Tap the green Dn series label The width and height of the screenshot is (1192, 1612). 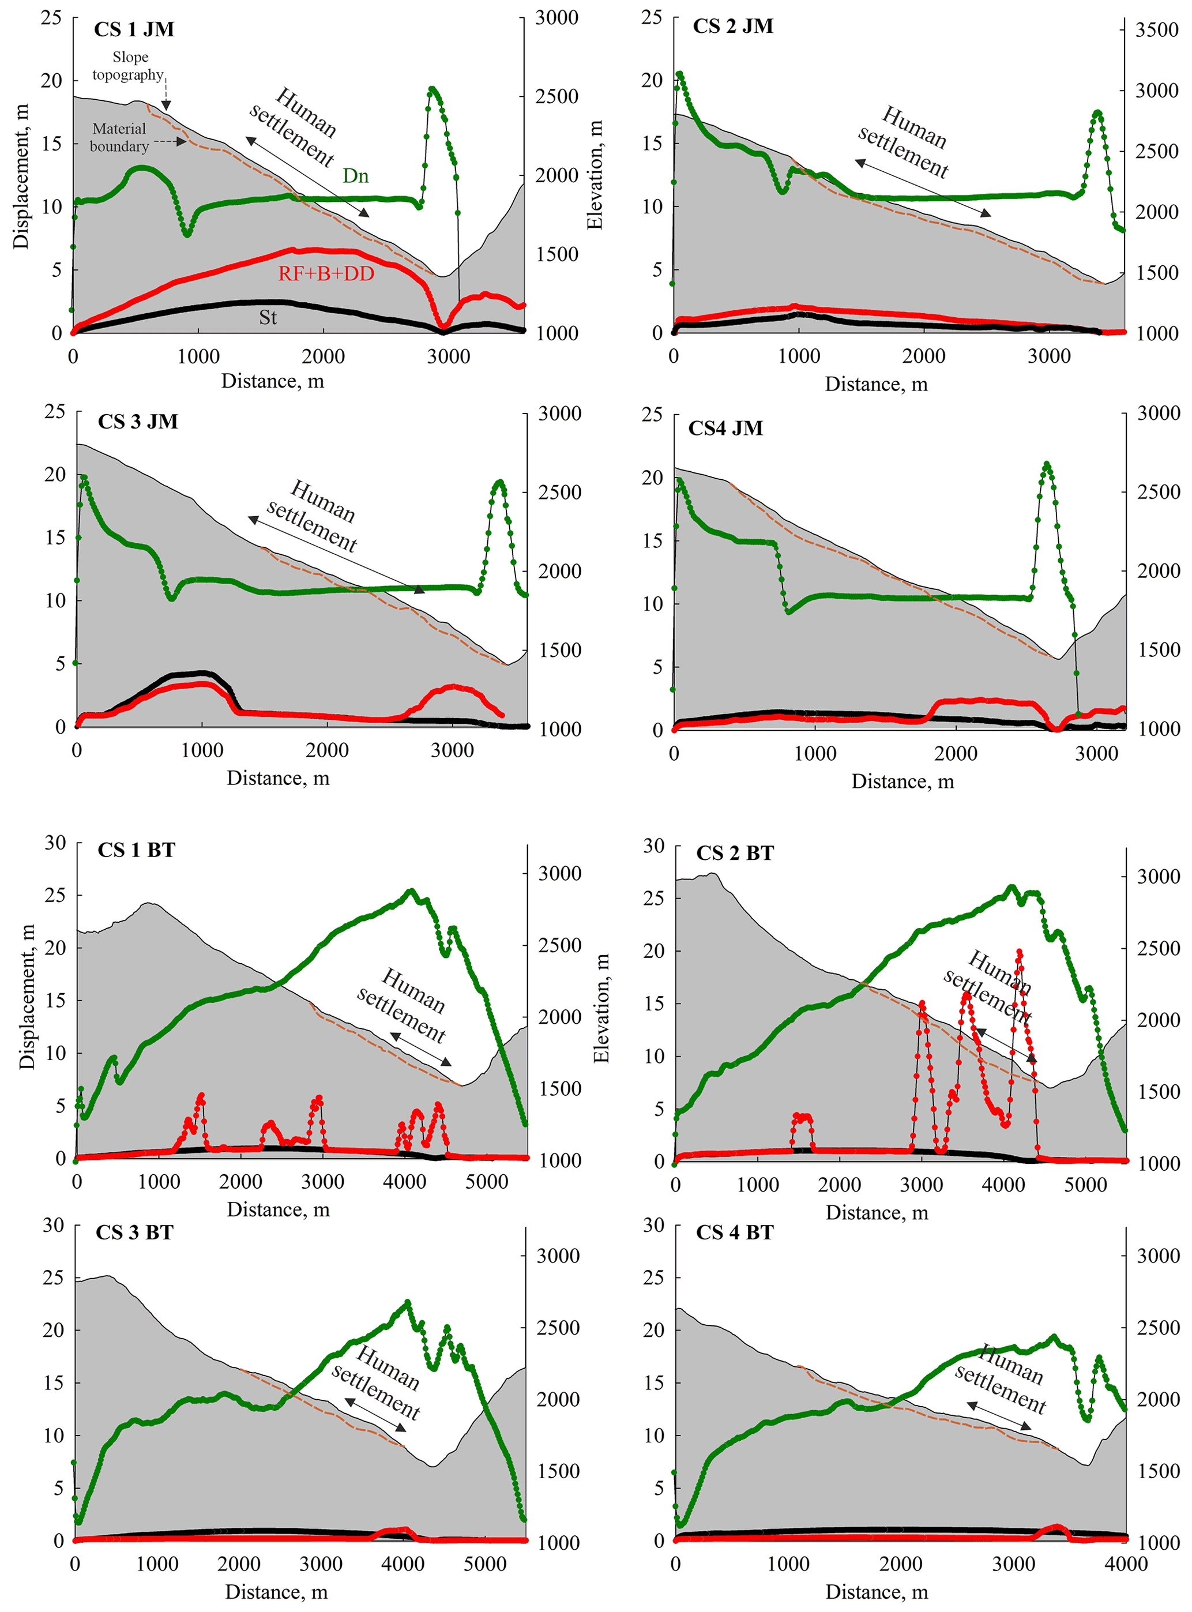tap(355, 176)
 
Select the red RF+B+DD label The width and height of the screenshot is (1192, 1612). tap(326, 274)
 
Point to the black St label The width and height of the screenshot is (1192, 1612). tap(268, 317)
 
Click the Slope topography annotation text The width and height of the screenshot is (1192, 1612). tap(129, 66)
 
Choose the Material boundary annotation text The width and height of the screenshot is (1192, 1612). tap(119, 137)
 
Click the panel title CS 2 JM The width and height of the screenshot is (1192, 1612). tap(733, 27)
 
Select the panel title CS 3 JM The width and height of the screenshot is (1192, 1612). tap(138, 422)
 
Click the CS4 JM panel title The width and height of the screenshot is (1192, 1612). tap(725, 429)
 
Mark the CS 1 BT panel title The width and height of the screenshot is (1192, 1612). tap(136, 850)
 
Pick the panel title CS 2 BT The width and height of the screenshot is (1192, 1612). tap(735, 854)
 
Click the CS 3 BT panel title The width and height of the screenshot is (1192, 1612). tap(135, 1233)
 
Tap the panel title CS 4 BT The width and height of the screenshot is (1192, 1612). tap(735, 1233)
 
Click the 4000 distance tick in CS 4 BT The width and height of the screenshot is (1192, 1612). tap(1126, 1564)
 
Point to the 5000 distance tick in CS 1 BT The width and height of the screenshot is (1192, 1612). tap(486, 1182)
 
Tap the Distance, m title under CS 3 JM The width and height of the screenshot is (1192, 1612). tap(278, 778)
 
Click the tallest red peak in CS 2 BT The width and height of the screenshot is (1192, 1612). tap(1019, 952)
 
